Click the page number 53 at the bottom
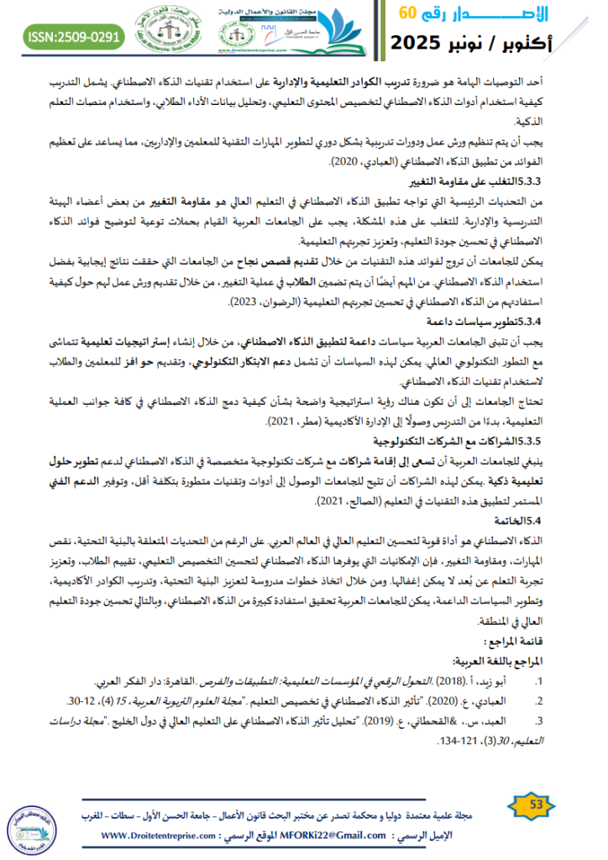(x=537, y=805)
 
